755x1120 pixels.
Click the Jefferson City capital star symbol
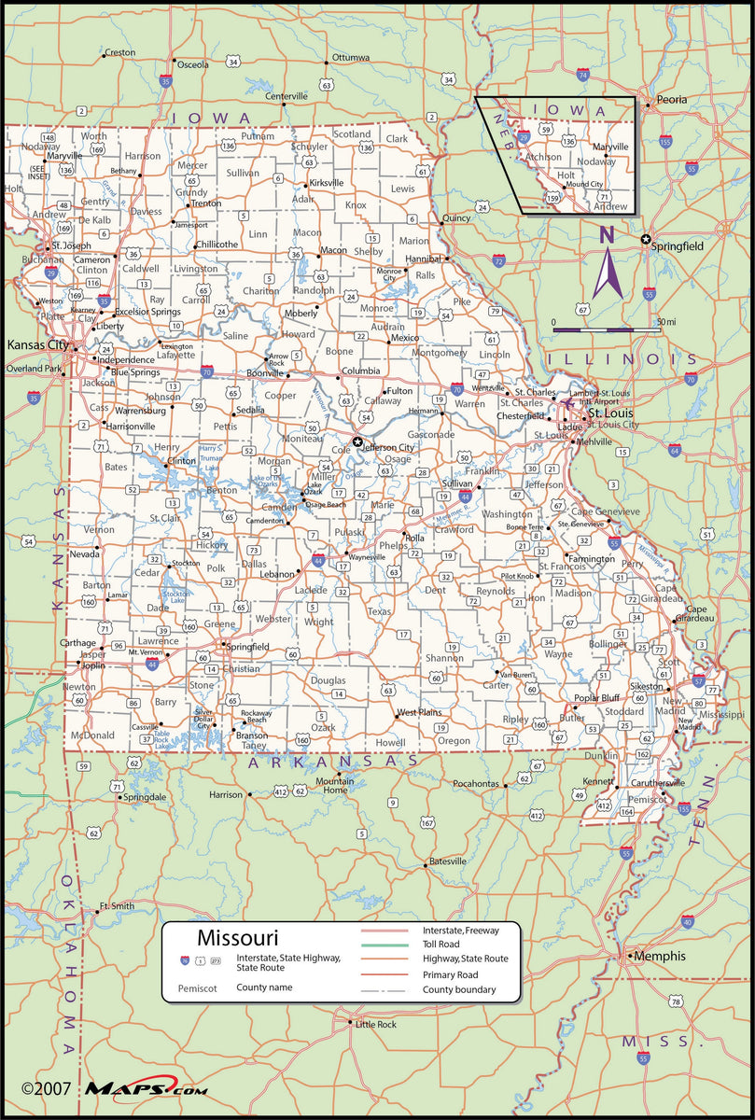click(357, 441)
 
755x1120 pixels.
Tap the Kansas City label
click(38, 344)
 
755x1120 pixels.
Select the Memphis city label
click(660, 956)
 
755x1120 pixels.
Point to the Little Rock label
click(376, 1024)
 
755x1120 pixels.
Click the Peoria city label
click(671, 99)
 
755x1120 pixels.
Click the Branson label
click(251, 735)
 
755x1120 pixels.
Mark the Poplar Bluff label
click(596, 697)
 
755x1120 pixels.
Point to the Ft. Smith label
click(118, 905)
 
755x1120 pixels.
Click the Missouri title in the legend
click(237, 936)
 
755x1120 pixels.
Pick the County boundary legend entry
click(459, 989)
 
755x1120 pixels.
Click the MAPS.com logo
click(147, 1088)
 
